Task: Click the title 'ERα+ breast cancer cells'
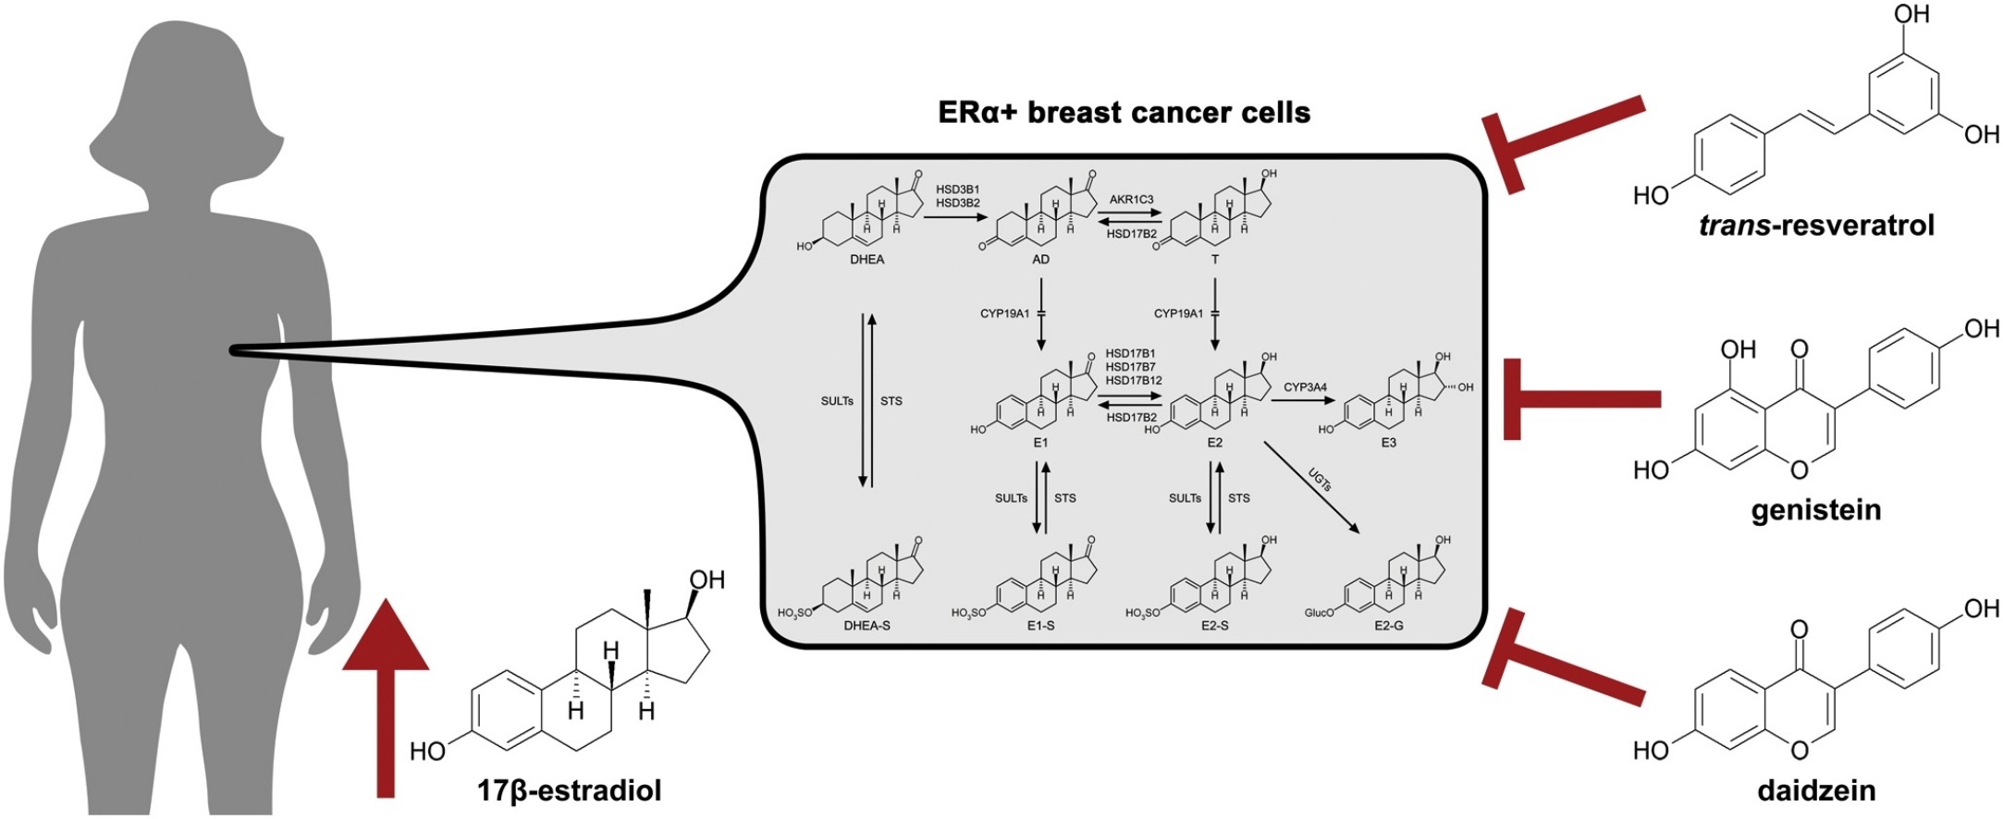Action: pos(1124,113)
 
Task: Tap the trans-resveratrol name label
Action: pos(1816,226)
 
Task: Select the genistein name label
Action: pos(1815,510)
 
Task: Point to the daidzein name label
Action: pos(1816,791)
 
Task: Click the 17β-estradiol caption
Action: pos(569,791)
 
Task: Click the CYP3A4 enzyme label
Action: pos(1305,387)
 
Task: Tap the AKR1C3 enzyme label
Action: pos(1131,200)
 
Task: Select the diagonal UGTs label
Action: pos(1320,479)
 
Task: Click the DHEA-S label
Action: pos(866,626)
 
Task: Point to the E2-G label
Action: pos(1388,626)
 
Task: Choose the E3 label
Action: pos(1388,443)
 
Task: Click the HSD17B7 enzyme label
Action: pos(1130,367)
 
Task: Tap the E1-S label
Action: pos(1040,626)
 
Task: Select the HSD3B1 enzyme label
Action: pos(957,189)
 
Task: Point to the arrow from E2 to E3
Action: pos(1304,400)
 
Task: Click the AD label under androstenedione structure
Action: pos(1040,260)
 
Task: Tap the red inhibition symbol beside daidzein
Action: pos(1563,660)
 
